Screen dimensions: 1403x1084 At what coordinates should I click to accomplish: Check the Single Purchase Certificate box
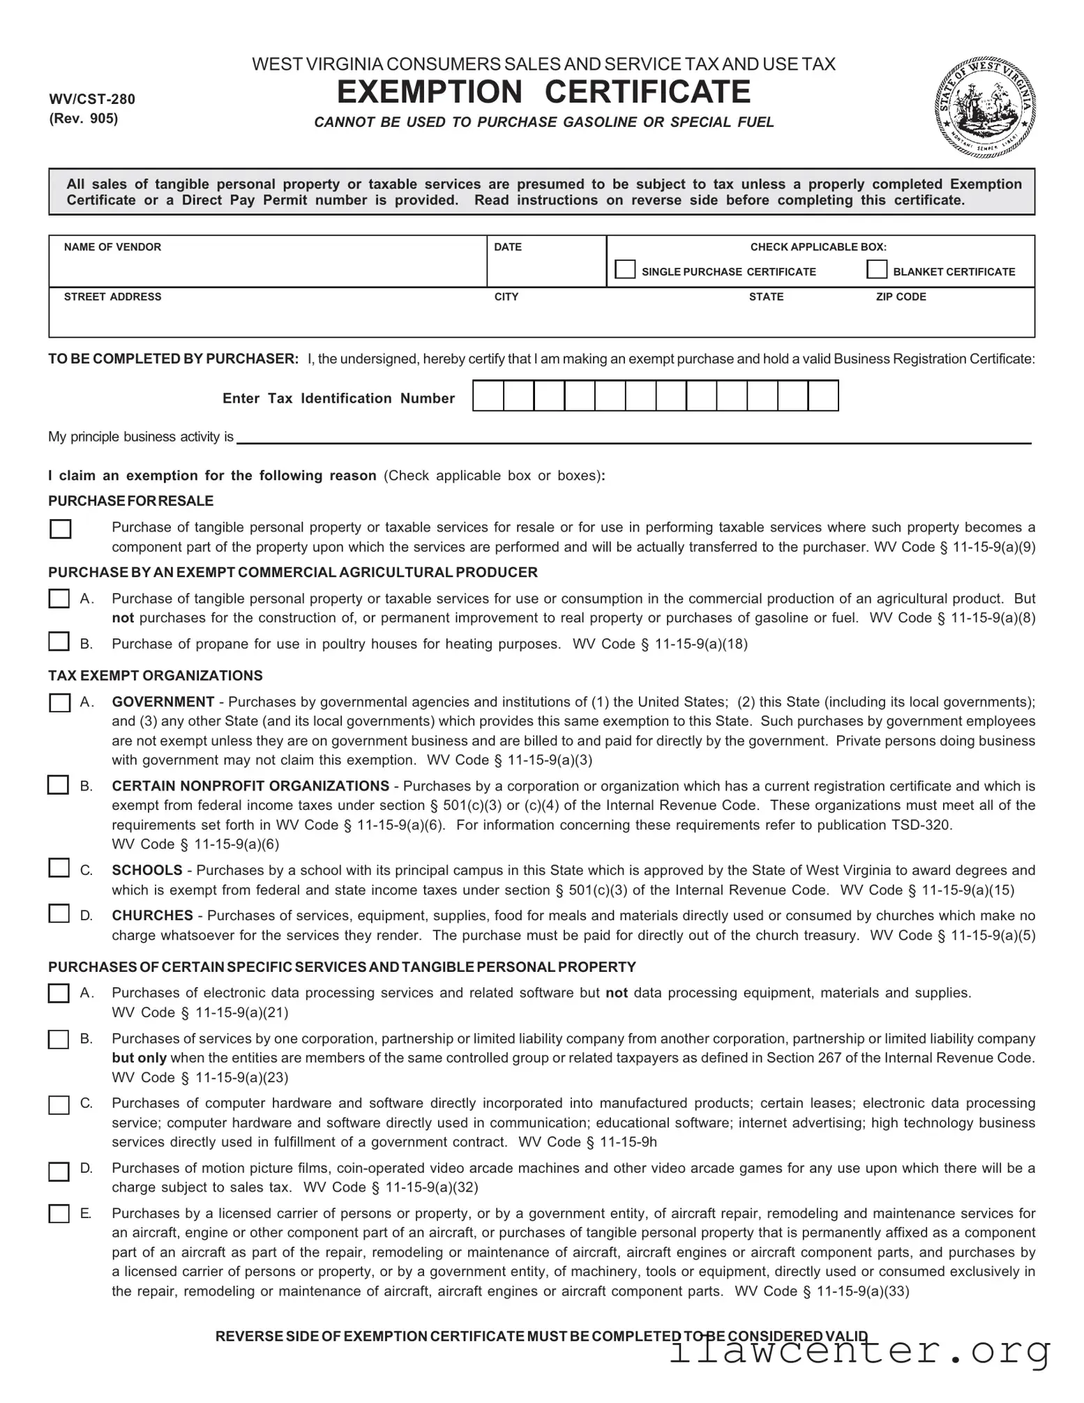coord(625,269)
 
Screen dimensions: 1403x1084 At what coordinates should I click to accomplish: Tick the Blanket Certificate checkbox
coord(876,269)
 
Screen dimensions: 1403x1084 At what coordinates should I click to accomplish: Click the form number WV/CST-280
coord(92,99)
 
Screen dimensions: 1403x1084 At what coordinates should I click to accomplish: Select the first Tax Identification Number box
coord(488,396)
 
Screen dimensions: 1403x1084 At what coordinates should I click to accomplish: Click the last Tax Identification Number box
coord(823,396)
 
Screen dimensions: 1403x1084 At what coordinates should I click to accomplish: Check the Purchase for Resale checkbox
coord(61,529)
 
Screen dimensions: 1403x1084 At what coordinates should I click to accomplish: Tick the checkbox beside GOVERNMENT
coord(60,702)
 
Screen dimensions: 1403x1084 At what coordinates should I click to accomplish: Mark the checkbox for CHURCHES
coord(59,913)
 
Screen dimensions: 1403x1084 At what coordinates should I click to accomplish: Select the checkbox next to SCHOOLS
coord(59,868)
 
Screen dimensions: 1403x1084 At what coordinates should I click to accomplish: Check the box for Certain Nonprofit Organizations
coord(59,785)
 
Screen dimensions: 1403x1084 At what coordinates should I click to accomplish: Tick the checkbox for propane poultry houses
coord(59,641)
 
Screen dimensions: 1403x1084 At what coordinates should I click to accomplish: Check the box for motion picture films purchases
coord(59,1171)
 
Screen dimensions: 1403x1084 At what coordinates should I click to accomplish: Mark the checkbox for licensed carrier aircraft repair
coord(59,1214)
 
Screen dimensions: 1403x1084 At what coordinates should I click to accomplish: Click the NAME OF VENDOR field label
coord(112,247)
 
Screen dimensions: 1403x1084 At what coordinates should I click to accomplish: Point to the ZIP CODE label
coord(901,297)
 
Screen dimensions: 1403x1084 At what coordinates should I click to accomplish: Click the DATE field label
coord(507,247)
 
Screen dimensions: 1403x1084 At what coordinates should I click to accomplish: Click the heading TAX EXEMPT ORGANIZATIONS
coord(156,675)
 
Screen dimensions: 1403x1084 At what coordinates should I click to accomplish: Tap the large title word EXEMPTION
coord(430,92)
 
